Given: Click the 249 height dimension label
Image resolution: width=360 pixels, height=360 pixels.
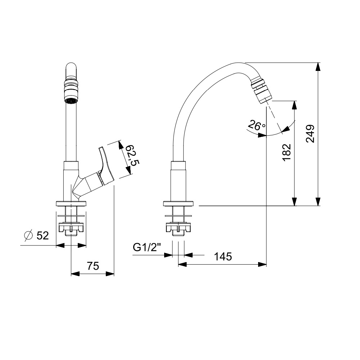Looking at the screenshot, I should coord(310,134).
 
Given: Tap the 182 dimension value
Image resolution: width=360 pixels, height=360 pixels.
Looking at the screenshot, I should coord(287,153).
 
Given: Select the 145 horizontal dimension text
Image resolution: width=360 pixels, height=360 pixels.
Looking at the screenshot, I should coord(223,257).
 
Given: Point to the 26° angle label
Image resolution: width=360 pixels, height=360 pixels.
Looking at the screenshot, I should coord(257,126).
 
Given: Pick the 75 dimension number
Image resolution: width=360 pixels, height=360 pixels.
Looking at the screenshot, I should coord(93,266).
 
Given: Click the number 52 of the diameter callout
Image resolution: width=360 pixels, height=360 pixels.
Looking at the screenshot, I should coord(42,236).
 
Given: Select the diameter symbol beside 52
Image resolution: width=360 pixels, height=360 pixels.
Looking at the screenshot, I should coord(28,235).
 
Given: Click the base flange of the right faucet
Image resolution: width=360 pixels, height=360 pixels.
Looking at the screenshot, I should coord(179,204).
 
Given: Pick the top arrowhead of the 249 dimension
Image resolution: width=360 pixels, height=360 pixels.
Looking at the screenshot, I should coord(318,67).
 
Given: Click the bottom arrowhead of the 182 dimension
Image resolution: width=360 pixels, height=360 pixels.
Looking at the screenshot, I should coord(294,202).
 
